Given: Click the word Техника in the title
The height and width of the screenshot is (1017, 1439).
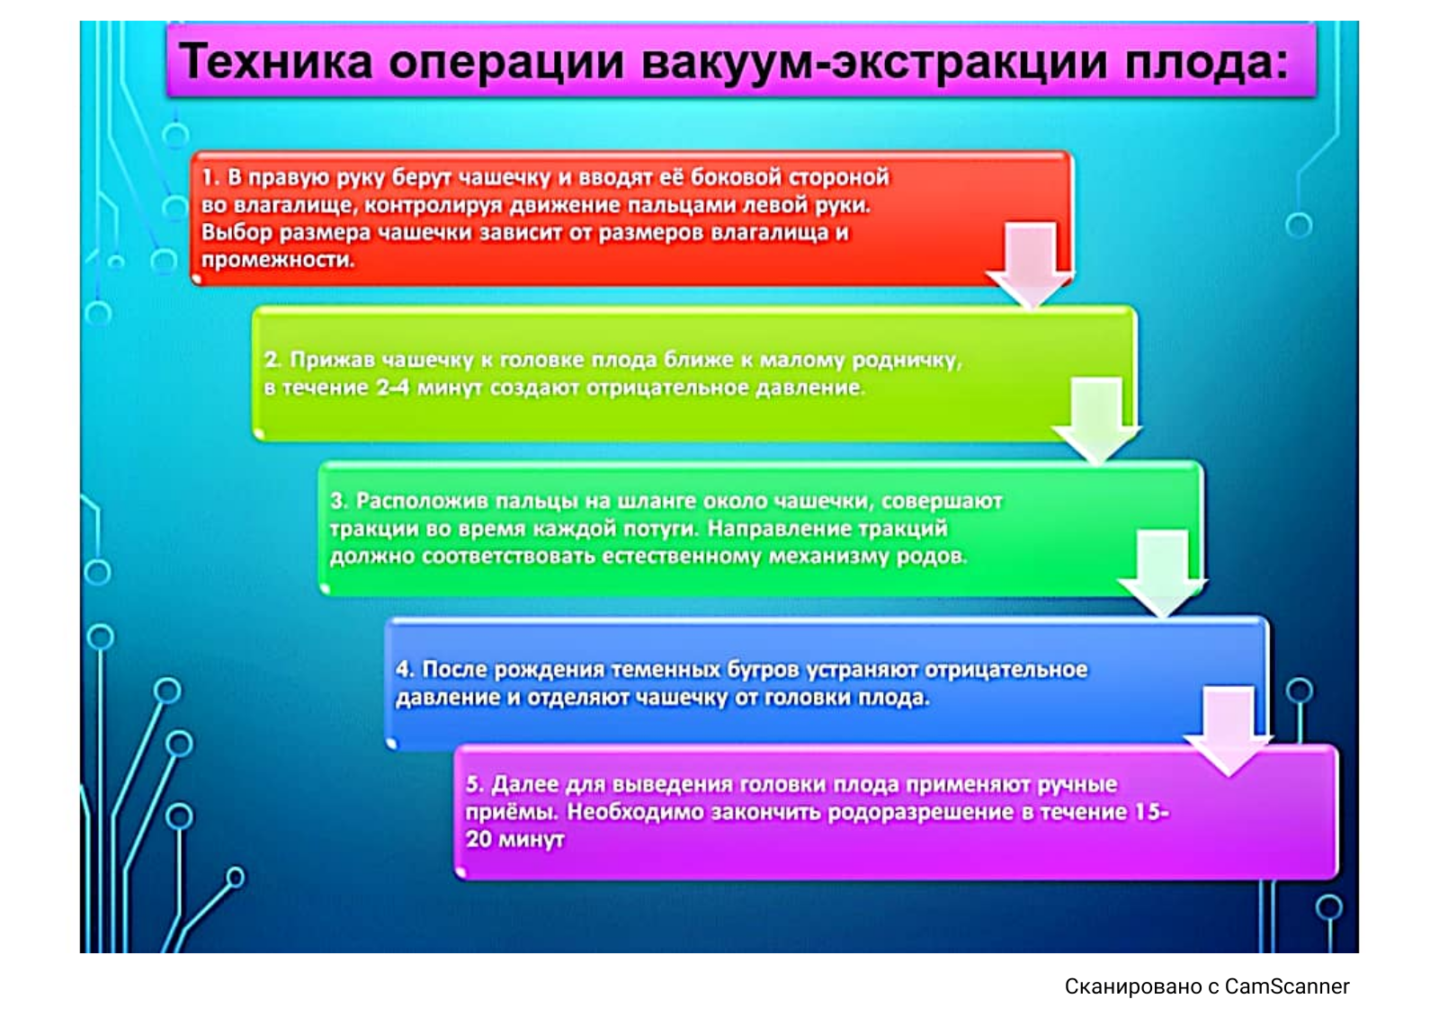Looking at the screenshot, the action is pos(276,62).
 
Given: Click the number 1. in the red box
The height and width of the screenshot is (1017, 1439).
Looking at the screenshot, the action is pos(211,177).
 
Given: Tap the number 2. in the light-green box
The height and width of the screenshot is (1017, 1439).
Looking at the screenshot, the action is pos(273,360).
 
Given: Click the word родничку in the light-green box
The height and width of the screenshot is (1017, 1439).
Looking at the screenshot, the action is pos(907,361).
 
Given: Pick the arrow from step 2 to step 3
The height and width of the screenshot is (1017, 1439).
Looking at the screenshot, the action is pos(1096,420).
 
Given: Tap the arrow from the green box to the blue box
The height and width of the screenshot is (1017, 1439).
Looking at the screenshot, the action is pos(1163,573).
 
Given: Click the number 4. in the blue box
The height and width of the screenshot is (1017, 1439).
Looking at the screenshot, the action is pos(405,669).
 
